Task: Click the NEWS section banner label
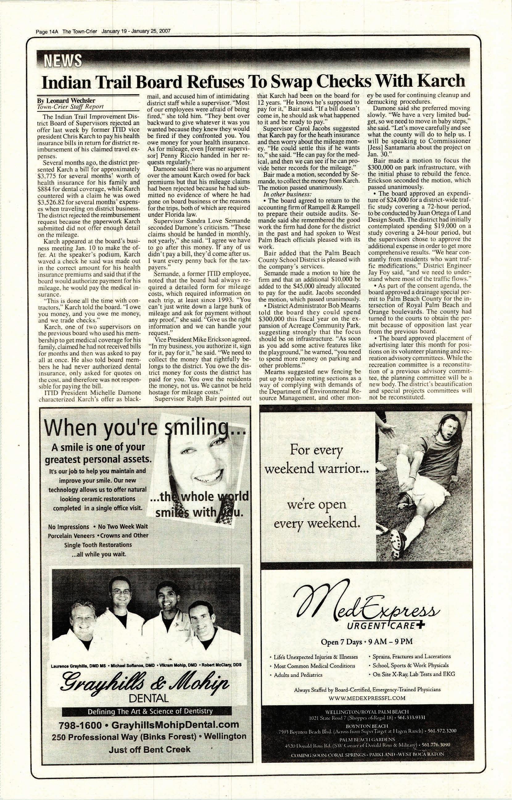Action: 60,60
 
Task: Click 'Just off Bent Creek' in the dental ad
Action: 149,748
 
